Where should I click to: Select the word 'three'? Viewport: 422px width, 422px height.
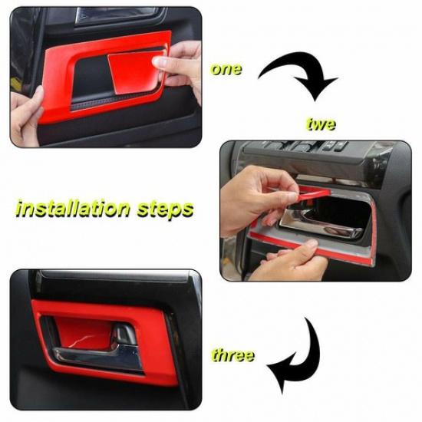pyautogui.click(x=232, y=355)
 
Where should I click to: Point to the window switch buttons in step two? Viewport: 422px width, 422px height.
pyautogui.click(x=307, y=146)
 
